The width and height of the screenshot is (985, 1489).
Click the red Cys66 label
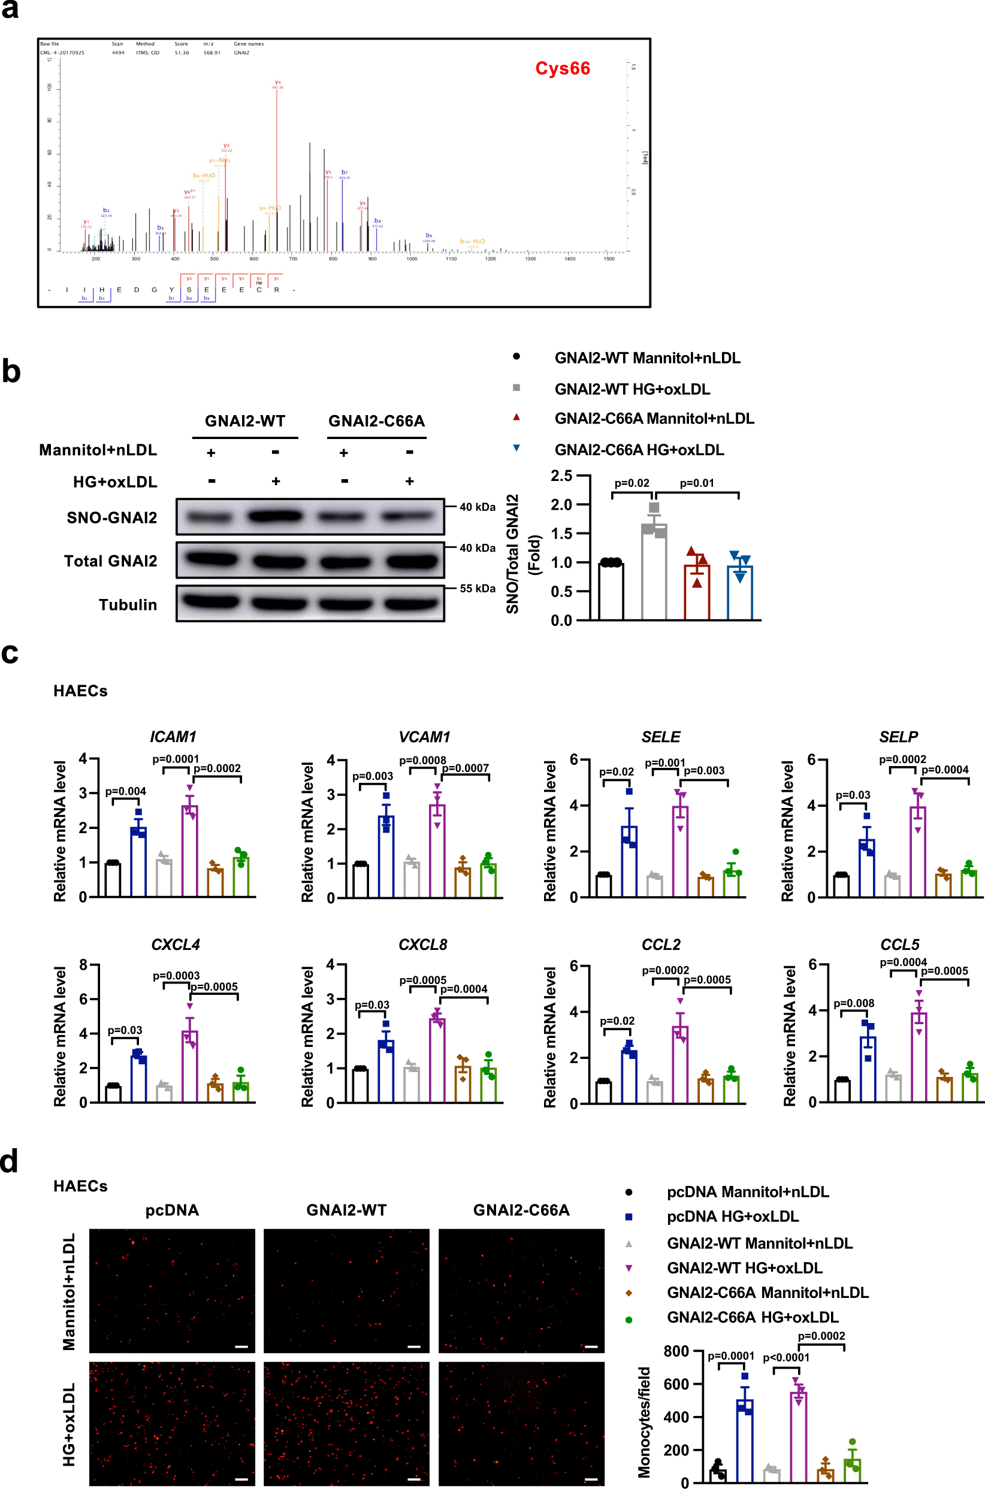click(562, 68)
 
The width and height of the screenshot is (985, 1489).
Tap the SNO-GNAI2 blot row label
click(112, 517)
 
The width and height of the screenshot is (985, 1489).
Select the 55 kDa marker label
click(478, 588)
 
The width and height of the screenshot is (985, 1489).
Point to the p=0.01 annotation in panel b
click(697, 483)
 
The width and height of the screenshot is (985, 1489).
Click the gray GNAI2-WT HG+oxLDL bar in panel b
click(653, 571)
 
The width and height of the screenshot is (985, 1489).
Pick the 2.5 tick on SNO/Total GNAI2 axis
click(561, 476)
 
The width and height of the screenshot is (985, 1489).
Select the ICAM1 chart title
click(173, 737)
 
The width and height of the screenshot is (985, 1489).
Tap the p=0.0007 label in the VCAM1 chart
click(465, 768)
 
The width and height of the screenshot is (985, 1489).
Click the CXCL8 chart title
click(423, 945)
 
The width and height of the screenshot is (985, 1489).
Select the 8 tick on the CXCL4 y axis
click(83, 966)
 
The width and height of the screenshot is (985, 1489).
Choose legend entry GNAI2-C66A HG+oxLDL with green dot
click(752, 1317)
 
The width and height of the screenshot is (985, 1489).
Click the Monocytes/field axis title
click(644, 1422)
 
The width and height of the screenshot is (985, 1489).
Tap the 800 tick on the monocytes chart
click(676, 1350)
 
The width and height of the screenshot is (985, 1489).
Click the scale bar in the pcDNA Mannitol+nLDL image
click(241, 1346)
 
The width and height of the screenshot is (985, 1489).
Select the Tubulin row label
click(128, 605)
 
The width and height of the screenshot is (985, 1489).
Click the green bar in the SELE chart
click(731, 883)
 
